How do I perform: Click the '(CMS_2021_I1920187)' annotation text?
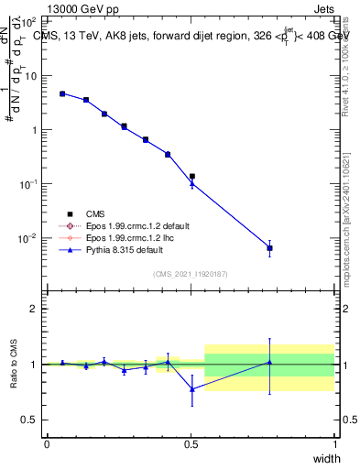click(x=190, y=272)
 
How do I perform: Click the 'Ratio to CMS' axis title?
click(x=14, y=365)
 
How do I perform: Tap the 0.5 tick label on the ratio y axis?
click(x=30, y=420)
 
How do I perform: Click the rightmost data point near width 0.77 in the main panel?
click(x=269, y=248)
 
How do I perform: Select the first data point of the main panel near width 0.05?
click(x=62, y=93)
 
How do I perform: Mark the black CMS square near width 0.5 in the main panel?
click(x=191, y=176)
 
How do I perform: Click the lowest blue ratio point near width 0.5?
click(x=191, y=389)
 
